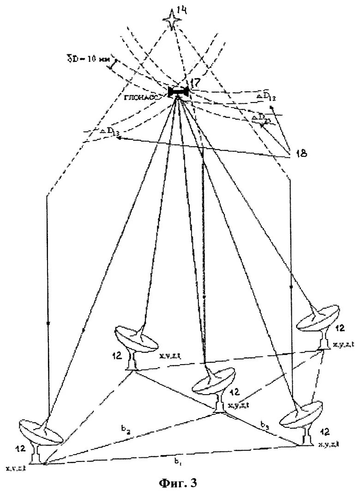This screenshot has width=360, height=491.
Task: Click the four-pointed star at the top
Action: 172,20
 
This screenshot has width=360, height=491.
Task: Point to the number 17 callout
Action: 195,83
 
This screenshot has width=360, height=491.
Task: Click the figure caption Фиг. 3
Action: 178,483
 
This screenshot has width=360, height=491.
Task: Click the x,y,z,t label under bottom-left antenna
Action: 17,468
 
